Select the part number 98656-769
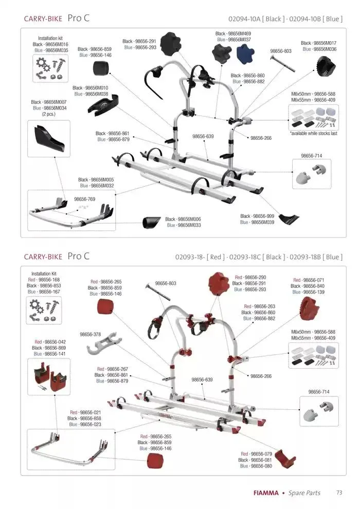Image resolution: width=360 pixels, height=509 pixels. (x=85, y=198)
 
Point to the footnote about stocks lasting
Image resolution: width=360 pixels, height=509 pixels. (x=313, y=133)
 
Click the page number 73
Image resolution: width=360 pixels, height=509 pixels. (x=339, y=493)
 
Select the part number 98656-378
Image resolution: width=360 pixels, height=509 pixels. (x=91, y=334)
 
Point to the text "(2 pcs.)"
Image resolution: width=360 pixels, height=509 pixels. (x=46, y=114)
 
